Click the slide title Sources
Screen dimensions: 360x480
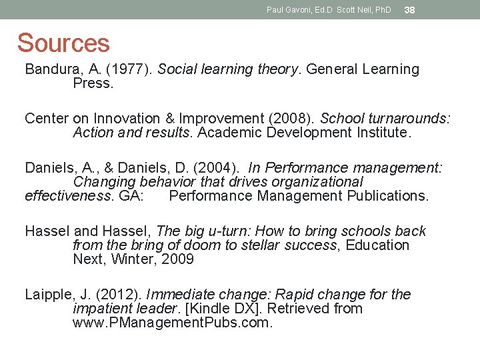(x=63, y=43)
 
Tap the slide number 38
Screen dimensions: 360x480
(x=410, y=10)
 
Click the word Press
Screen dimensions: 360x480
(x=93, y=84)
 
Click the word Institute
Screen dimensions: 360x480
(x=383, y=133)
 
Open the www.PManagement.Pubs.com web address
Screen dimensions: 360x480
(x=173, y=323)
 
